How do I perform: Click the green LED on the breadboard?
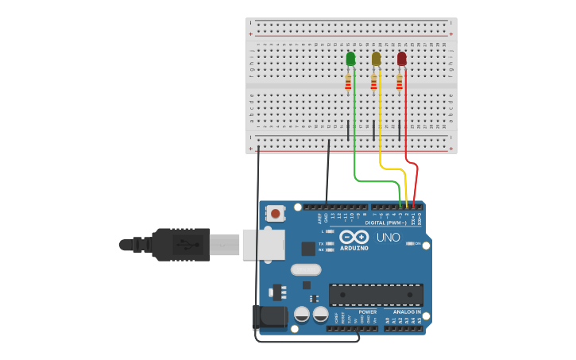point(351,59)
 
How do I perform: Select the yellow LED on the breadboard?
point(377,59)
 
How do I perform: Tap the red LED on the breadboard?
point(402,59)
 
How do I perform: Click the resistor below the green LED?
point(348,82)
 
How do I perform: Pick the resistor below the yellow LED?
point(373,82)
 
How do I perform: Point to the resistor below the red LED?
point(399,82)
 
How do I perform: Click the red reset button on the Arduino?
point(276,213)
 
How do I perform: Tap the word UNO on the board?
point(388,237)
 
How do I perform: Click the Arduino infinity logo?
point(354,238)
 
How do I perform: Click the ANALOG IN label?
point(406,312)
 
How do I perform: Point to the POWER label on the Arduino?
point(367,312)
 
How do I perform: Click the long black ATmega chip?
point(376,294)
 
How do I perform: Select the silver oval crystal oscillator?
point(306,269)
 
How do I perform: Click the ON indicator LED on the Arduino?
point(409,243)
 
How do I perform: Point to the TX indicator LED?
point(331,243)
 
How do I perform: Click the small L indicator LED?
point(331,231)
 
